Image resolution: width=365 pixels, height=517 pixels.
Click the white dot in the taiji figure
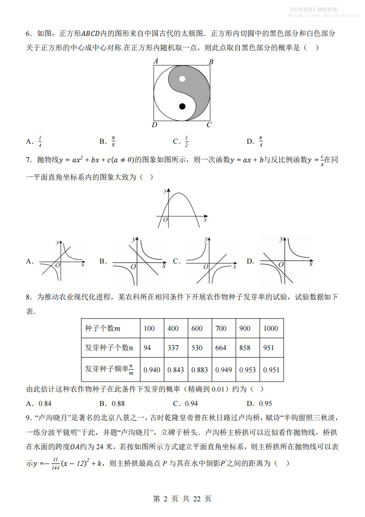182,78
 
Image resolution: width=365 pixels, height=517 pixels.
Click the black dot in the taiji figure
182,106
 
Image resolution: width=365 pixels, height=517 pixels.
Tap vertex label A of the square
156,61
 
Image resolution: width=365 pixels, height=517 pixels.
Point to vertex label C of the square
209,125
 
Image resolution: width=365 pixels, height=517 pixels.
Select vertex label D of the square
155,125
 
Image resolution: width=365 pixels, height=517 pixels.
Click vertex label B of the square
211,62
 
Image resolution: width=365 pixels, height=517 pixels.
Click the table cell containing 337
173,348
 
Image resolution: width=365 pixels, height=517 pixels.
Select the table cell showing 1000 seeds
271,329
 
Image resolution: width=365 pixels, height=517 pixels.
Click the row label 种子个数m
103,329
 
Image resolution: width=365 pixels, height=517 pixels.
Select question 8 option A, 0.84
39,404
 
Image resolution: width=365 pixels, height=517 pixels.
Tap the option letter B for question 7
103,261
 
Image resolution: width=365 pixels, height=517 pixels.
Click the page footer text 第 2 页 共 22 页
182,499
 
